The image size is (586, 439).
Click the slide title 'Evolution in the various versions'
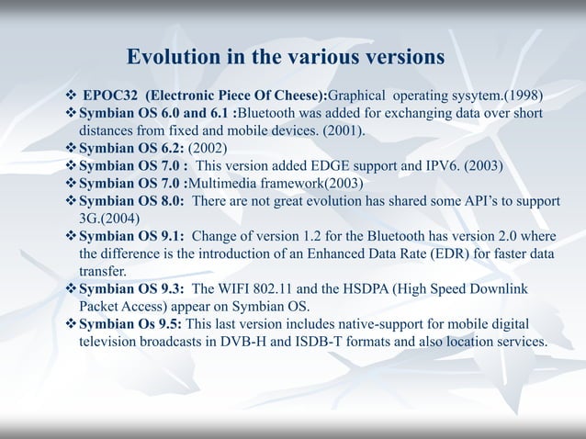pos(286,57)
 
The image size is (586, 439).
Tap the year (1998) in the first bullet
pos(520,96)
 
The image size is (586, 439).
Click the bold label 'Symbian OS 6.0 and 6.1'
pos(155,114)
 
